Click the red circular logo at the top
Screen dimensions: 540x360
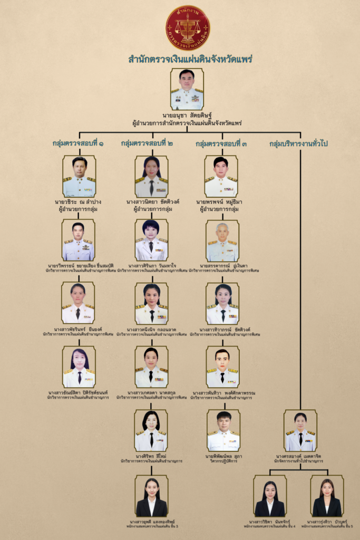pyautogui.click(x=187, y=27)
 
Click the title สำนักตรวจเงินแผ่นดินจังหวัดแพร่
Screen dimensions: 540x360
pyautogui.click(x=190, y=59)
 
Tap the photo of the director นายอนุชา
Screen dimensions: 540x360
pyautogui.click(x=187, y=89)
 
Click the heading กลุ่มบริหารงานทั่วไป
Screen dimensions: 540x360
pyautogui.click(x=301, y=143)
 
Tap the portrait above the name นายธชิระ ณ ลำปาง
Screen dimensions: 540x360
pyautogui.click(x=79, y=176)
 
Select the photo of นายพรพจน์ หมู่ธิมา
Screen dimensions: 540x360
pyautogui.click(x=221, y=176)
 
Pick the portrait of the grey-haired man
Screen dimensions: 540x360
pyautogui.click(x=222, y=241)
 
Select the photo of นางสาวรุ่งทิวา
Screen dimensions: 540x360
pyautogui.click(x=327, y=496)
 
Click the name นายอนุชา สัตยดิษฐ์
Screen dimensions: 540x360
pyautogui.click(x=187, y=116)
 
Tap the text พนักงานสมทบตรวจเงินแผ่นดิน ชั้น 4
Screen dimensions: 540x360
pyautogui.click(x=269, y=526)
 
